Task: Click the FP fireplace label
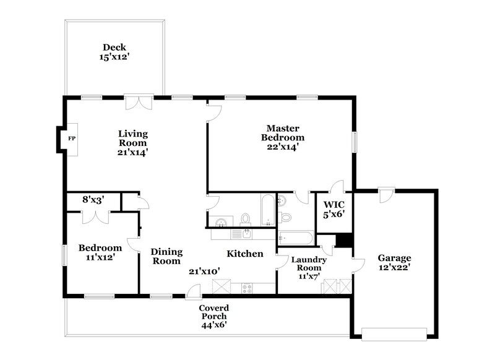click(x=71, y=139)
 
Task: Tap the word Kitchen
click(x=245, y=254)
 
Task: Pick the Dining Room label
click(x=166, y=257)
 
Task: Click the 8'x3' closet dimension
click(x=93, y=200)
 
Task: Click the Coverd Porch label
click(x=213, y=316)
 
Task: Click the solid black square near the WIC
click(x=342, y=240)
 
